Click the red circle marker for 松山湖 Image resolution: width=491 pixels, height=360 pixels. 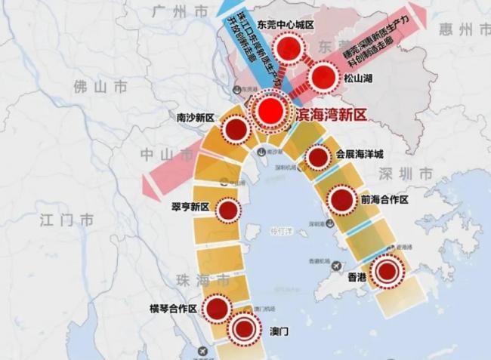[323, 77]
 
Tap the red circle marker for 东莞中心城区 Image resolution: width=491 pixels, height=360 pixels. [288, 50]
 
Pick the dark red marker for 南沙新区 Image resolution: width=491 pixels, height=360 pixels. [237, 128]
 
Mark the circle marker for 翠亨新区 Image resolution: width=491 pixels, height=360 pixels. [227, 210]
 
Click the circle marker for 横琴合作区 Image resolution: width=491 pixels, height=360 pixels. [217, 308]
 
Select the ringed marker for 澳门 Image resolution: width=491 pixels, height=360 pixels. [244, 329]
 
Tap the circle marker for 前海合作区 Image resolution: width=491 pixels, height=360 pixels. [341, 200]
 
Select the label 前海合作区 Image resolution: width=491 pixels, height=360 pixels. [385, 200]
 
